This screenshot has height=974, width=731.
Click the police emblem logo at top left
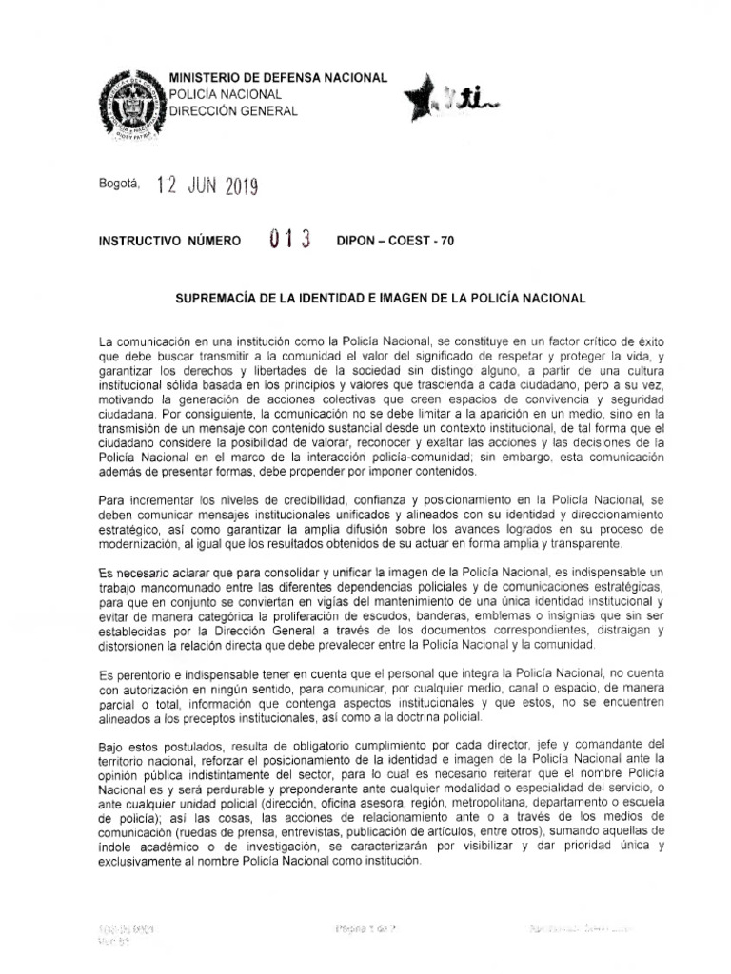128,105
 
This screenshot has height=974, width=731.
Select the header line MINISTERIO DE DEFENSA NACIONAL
277,77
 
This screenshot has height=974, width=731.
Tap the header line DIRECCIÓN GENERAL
232,111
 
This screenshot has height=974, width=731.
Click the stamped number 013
291,240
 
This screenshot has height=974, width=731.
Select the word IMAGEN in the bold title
415,298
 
